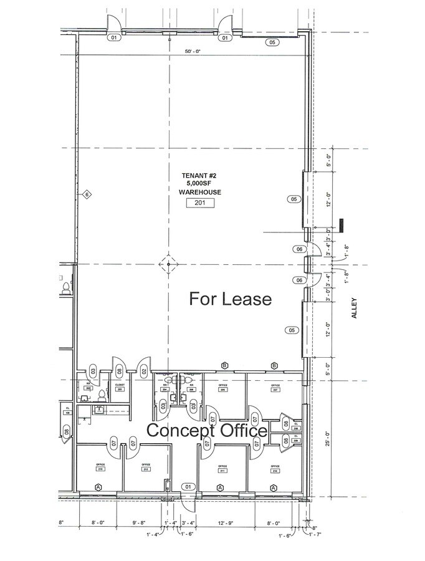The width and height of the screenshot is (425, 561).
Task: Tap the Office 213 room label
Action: [x=99, y=467]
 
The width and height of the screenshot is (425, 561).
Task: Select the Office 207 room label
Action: [x=275, y=388]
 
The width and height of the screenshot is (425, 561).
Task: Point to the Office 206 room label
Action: [x=222, y=388]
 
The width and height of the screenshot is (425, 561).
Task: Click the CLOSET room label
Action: [x=120, y=386]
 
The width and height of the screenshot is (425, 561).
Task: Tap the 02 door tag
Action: [x=144, y=372]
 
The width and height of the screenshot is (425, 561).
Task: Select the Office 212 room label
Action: [x=146, y=466]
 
